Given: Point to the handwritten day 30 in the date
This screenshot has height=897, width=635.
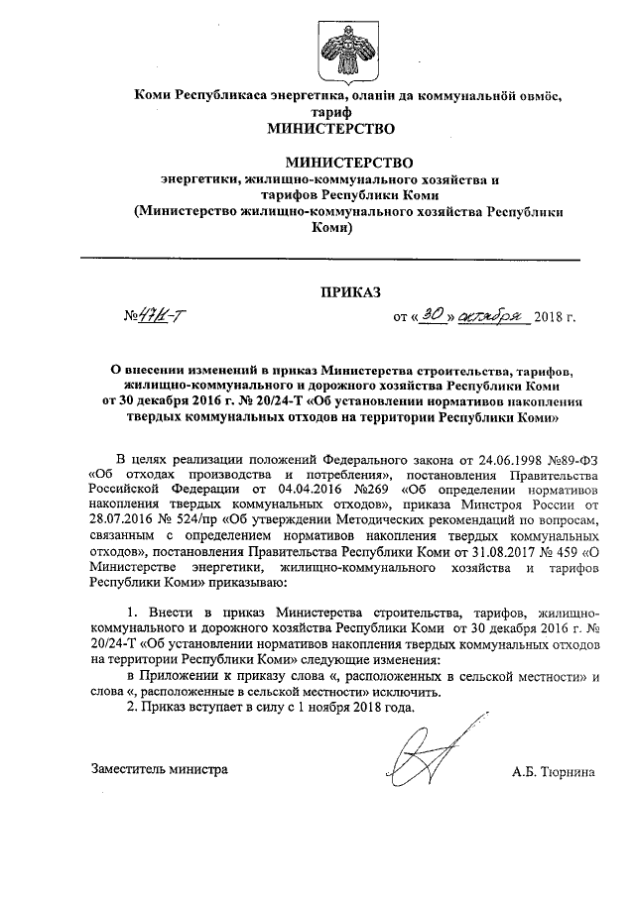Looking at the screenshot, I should tap(431, 315).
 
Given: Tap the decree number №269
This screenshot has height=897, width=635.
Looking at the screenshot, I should tap(340, 489).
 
